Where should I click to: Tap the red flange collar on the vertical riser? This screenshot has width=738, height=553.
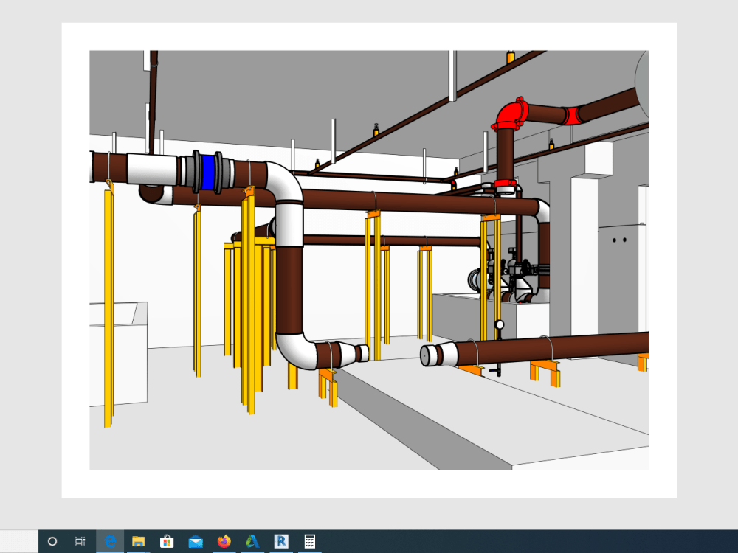click(x=505, y=184)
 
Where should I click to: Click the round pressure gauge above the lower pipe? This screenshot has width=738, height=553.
click(x=500, y=324)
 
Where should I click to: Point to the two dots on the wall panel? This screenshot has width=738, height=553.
click(x=620, y=240)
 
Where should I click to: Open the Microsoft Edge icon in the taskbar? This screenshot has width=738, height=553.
click(x=111, y=541)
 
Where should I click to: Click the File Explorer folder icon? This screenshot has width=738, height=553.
click(x=139, y=541)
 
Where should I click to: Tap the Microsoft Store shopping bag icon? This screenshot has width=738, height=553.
click(x=167, y=541)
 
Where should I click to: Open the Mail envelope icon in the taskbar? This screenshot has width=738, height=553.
click(x=196, y=541)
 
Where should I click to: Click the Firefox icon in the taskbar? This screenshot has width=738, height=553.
click(x=224, y=541)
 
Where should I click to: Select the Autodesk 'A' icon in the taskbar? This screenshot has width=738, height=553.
click(x=252, y=541)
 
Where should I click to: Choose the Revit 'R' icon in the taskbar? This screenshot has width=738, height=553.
click(x=280, y=541)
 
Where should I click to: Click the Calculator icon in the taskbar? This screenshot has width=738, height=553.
click(x=309, y=541)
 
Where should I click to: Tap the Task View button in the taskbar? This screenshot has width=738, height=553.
click(x=80, y=541)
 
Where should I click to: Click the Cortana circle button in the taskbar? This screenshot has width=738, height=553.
click(x=52, y=541)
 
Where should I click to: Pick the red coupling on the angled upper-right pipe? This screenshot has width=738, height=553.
click(x=572, y=116)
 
